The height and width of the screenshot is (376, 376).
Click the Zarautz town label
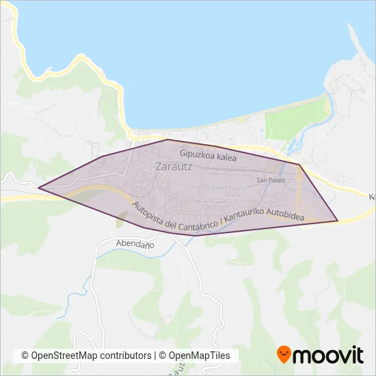[x=174, y=166]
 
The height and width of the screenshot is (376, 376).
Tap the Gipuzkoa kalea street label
[x=208, y=157]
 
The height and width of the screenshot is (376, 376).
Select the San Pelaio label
[x=271, y=180]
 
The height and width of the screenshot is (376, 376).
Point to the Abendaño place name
[x=135, y=244]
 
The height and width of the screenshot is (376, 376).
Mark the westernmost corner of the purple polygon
[x=38, y=187]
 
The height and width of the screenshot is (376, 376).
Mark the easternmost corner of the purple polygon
[x=338, y=221]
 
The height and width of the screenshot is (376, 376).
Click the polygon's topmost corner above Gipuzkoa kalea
[x=168, y=139]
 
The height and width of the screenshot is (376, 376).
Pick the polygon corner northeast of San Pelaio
[x=300, y=165]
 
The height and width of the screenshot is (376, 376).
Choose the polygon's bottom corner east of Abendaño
[x=198, y=235]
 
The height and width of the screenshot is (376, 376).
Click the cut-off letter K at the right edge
[x=372, y=197]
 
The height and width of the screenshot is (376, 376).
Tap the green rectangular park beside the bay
[x=287, y=122]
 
